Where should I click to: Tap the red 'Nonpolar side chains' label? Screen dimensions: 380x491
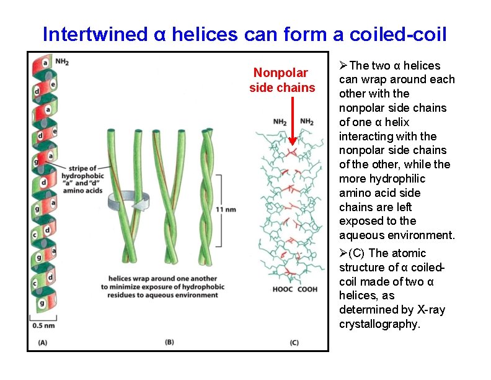[x=282, y=80]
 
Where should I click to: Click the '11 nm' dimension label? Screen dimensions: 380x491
[x=226, y=209]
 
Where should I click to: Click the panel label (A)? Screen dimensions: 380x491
[x=42, y=342]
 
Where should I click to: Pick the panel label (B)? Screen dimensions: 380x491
[x=169, y=342]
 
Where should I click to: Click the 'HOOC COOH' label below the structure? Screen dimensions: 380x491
[x=295, y=290]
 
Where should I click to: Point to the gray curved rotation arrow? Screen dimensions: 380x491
[x=126, y=202]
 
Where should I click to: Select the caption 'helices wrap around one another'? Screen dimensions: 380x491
[x=163, y=279]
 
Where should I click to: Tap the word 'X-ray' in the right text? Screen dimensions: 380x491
[x=428, y=310]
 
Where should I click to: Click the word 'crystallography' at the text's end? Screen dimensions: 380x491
[x=378, y=324]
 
